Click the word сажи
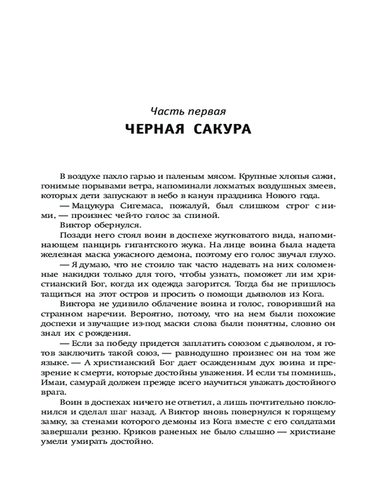click(324, 176)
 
